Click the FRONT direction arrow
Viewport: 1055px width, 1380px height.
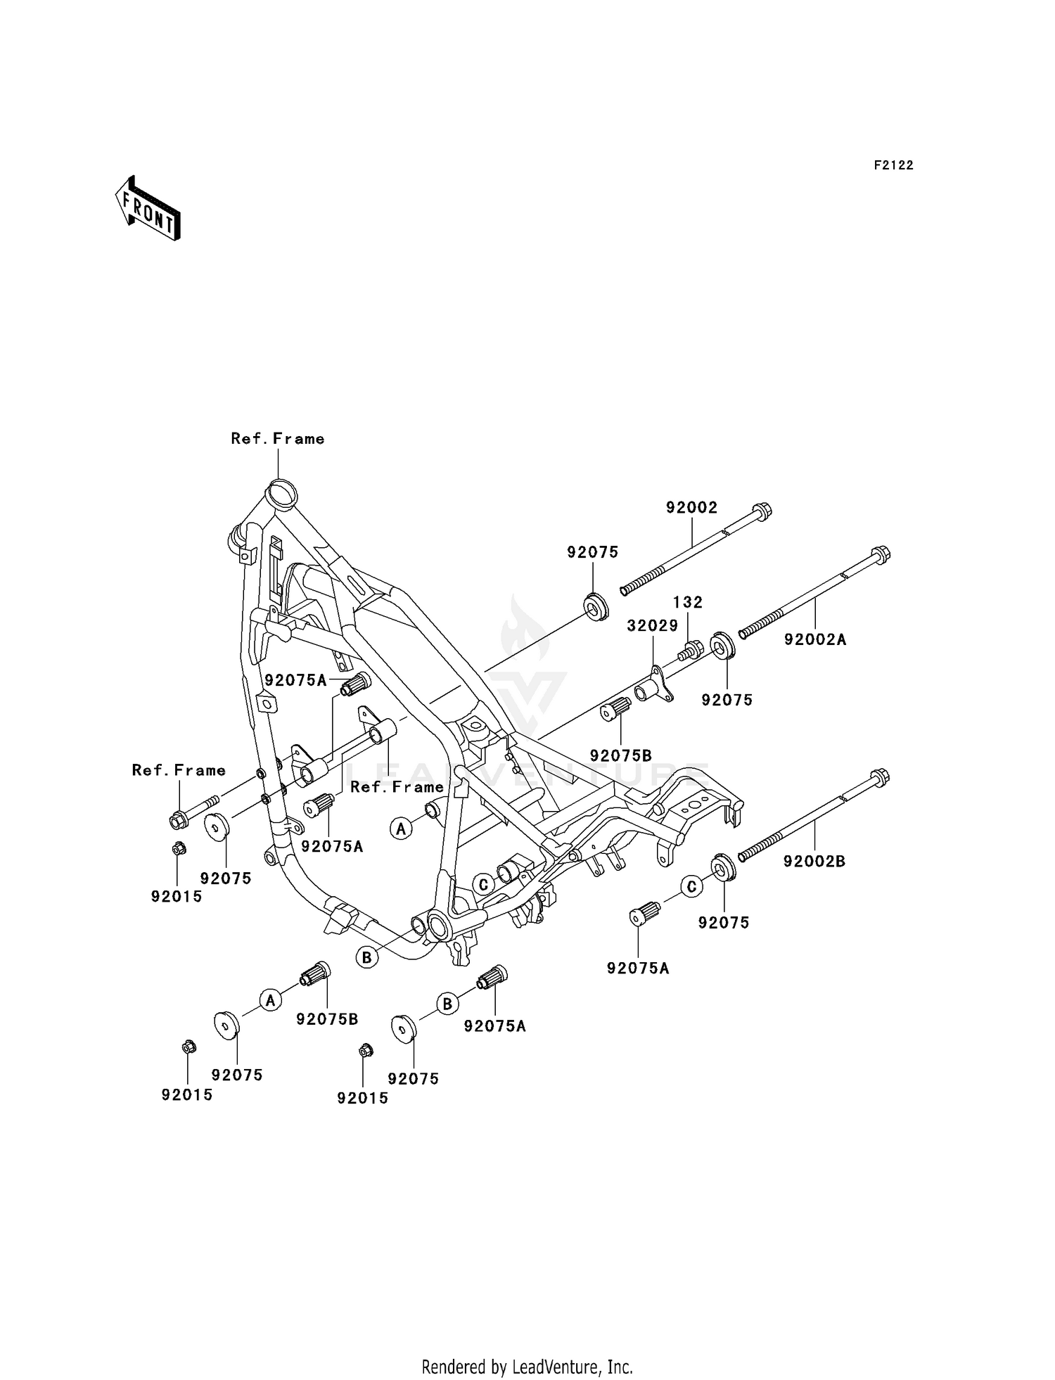(x=148, y=209)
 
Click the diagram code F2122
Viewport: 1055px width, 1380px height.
(x=893, y=165)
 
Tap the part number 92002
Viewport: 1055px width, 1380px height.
(x=691, y=508)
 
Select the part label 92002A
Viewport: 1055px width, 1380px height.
(x=815, y=639)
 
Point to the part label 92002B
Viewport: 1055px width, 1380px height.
(x=814, y=861)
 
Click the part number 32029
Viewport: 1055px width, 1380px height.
(x=652, y=626)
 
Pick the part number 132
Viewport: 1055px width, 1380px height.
(x=687, y=602)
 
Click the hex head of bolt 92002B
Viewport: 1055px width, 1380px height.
(x=878, y=777)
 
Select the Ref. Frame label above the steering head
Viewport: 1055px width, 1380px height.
(x=278, y=439)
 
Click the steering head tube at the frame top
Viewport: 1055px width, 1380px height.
(x=281, y=492)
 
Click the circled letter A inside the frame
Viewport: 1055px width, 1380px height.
(x=401, y=829)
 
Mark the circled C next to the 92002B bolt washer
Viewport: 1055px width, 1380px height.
(x=691, y=887)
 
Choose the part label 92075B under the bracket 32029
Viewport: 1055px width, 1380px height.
(x=620, y=756)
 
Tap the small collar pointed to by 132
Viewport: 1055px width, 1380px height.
(x=691, y=651)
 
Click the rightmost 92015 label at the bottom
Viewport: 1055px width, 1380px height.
(x=362, y=1098)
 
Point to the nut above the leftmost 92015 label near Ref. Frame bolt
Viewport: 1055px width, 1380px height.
(x=179, y=849)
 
